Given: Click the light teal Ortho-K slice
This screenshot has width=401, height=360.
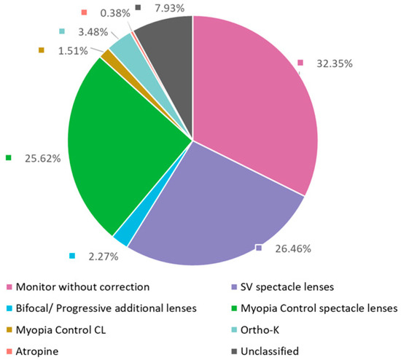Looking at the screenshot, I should click(x=123, y=48).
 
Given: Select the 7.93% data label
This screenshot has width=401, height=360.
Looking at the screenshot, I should click(x=168, y=8).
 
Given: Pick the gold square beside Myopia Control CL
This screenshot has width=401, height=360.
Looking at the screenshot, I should click(x=9, y=329).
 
